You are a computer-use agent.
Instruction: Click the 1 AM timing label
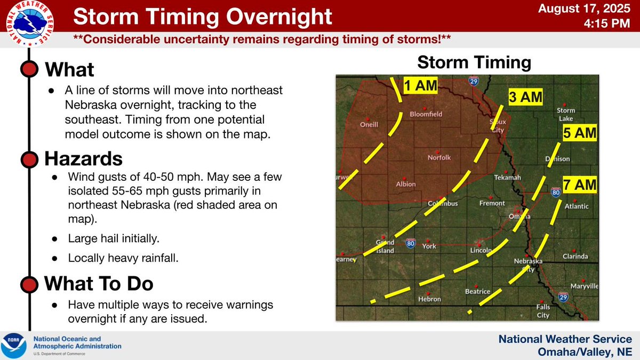(x=420, y=85)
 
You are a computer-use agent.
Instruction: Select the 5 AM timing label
(x=579, y=133)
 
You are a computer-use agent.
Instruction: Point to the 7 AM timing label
(x=579, y=185)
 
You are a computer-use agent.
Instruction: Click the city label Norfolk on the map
(x=439, y=157)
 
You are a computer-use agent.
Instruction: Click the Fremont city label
(x=491, y=203)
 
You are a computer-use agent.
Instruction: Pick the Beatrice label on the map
(x=477, y=291)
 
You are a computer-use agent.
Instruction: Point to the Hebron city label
(x=429, y=299)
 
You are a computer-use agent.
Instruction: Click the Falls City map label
(x=543, y=311)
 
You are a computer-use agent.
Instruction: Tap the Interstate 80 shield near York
(x=410, y=243)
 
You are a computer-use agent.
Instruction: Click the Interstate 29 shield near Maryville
(x=562, y=297)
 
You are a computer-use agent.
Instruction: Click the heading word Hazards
(x=84, y=158)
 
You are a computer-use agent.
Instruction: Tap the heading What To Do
(x=99, y=284)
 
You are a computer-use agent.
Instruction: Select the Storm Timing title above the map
(x=474, y=62)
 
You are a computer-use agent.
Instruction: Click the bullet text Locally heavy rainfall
(x=123, y=258)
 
